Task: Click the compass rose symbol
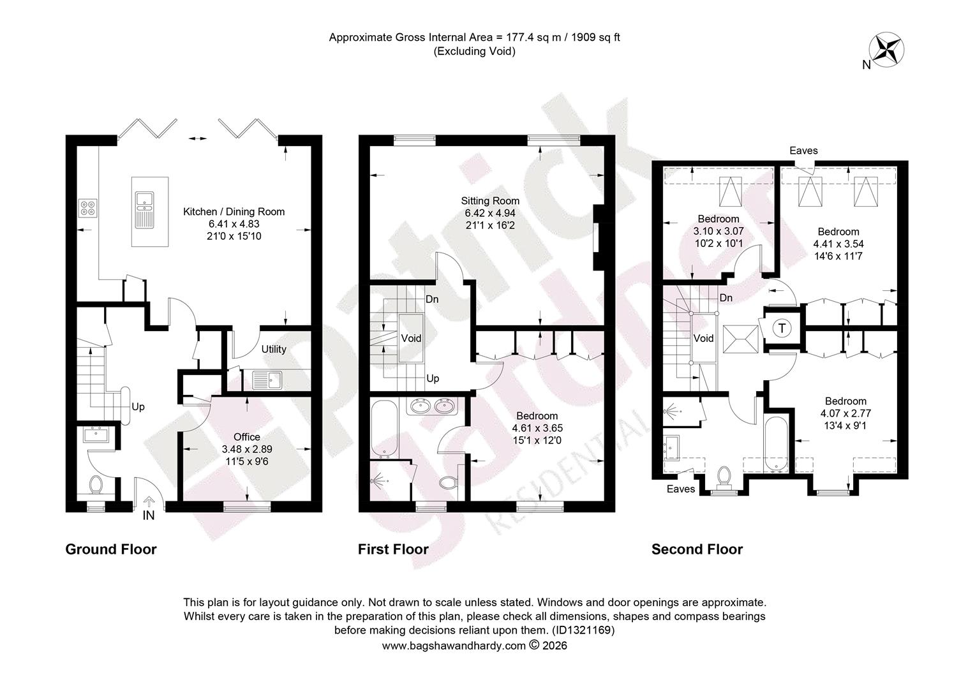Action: [x=886, y=50]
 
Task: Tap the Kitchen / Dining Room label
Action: [x=234, y=212]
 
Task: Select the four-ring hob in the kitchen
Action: [x=87, y=207]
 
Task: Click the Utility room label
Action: [x=274, y=349]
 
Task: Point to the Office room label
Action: [x=247, y=437]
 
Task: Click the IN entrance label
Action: [x=149, y=515]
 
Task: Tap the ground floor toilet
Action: [x=96, y=484]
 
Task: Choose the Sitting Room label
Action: [x=490, y=201]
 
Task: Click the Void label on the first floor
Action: [x=411, y=338]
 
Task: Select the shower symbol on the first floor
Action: [x=379, y=481]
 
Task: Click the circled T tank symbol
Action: [x=782, y=328]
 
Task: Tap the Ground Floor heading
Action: [x=111, y=549]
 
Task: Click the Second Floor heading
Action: [x=697, y=549]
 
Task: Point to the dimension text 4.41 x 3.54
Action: [x=838, y=244]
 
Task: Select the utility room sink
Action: [x=267, y=380]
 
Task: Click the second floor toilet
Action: [x=724, y=477]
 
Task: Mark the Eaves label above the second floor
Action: [x=803, y=151]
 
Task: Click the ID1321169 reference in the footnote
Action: [x=583, y=630]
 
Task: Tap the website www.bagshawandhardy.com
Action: [x=454, y=646]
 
